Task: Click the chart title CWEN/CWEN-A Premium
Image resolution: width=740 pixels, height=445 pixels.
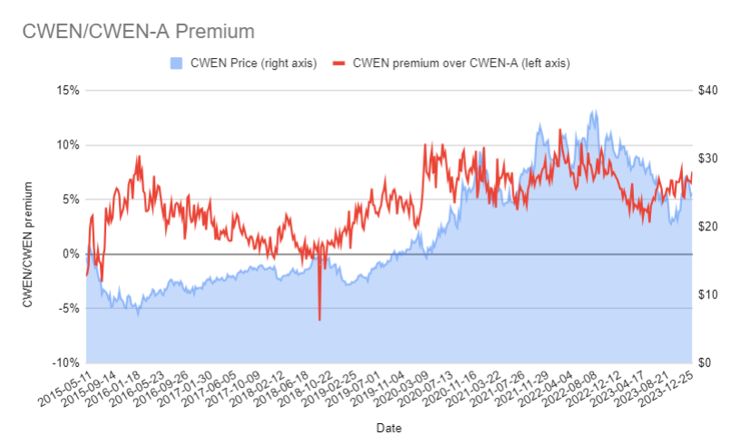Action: [x=138, y=32]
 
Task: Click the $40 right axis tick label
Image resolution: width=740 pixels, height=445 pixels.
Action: [x=707, y=91]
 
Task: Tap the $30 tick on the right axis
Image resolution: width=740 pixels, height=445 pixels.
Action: [x=707, y=159]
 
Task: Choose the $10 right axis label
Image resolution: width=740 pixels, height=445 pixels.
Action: [x=707, y=295]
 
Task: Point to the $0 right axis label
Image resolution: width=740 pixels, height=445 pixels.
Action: [x=705, y=363]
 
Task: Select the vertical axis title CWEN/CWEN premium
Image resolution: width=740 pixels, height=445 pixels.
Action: [x=29, y=244]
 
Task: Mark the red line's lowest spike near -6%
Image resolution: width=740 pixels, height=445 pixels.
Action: [x=319, y=319]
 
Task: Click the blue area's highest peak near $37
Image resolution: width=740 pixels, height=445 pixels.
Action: [x=594, y=111]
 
